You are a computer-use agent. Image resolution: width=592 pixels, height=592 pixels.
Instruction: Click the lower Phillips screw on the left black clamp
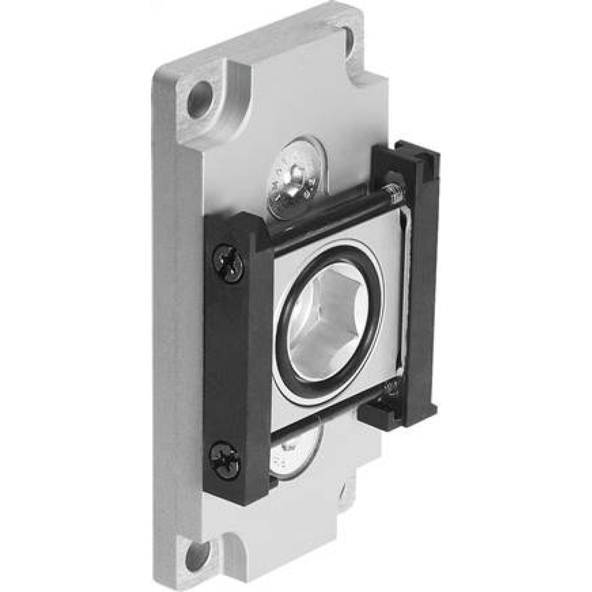(226, 461)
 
